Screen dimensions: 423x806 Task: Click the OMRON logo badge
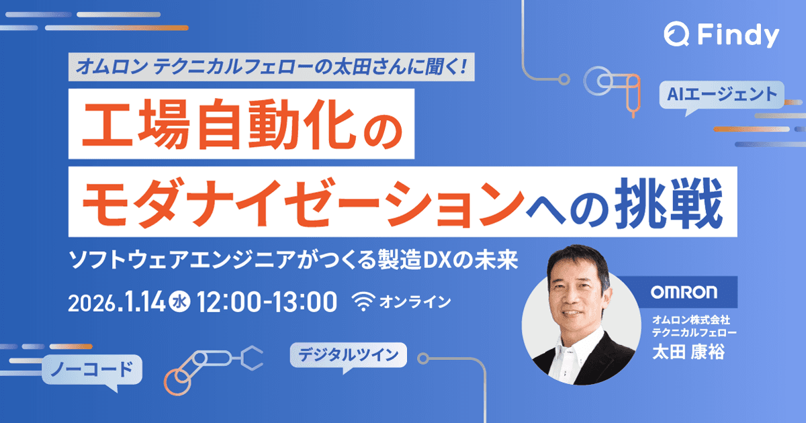(684, 293)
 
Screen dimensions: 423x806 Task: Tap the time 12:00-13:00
(267, 302)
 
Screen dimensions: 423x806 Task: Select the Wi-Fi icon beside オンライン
(363, 303)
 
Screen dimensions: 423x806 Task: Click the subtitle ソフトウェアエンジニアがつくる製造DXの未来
(294, 259)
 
